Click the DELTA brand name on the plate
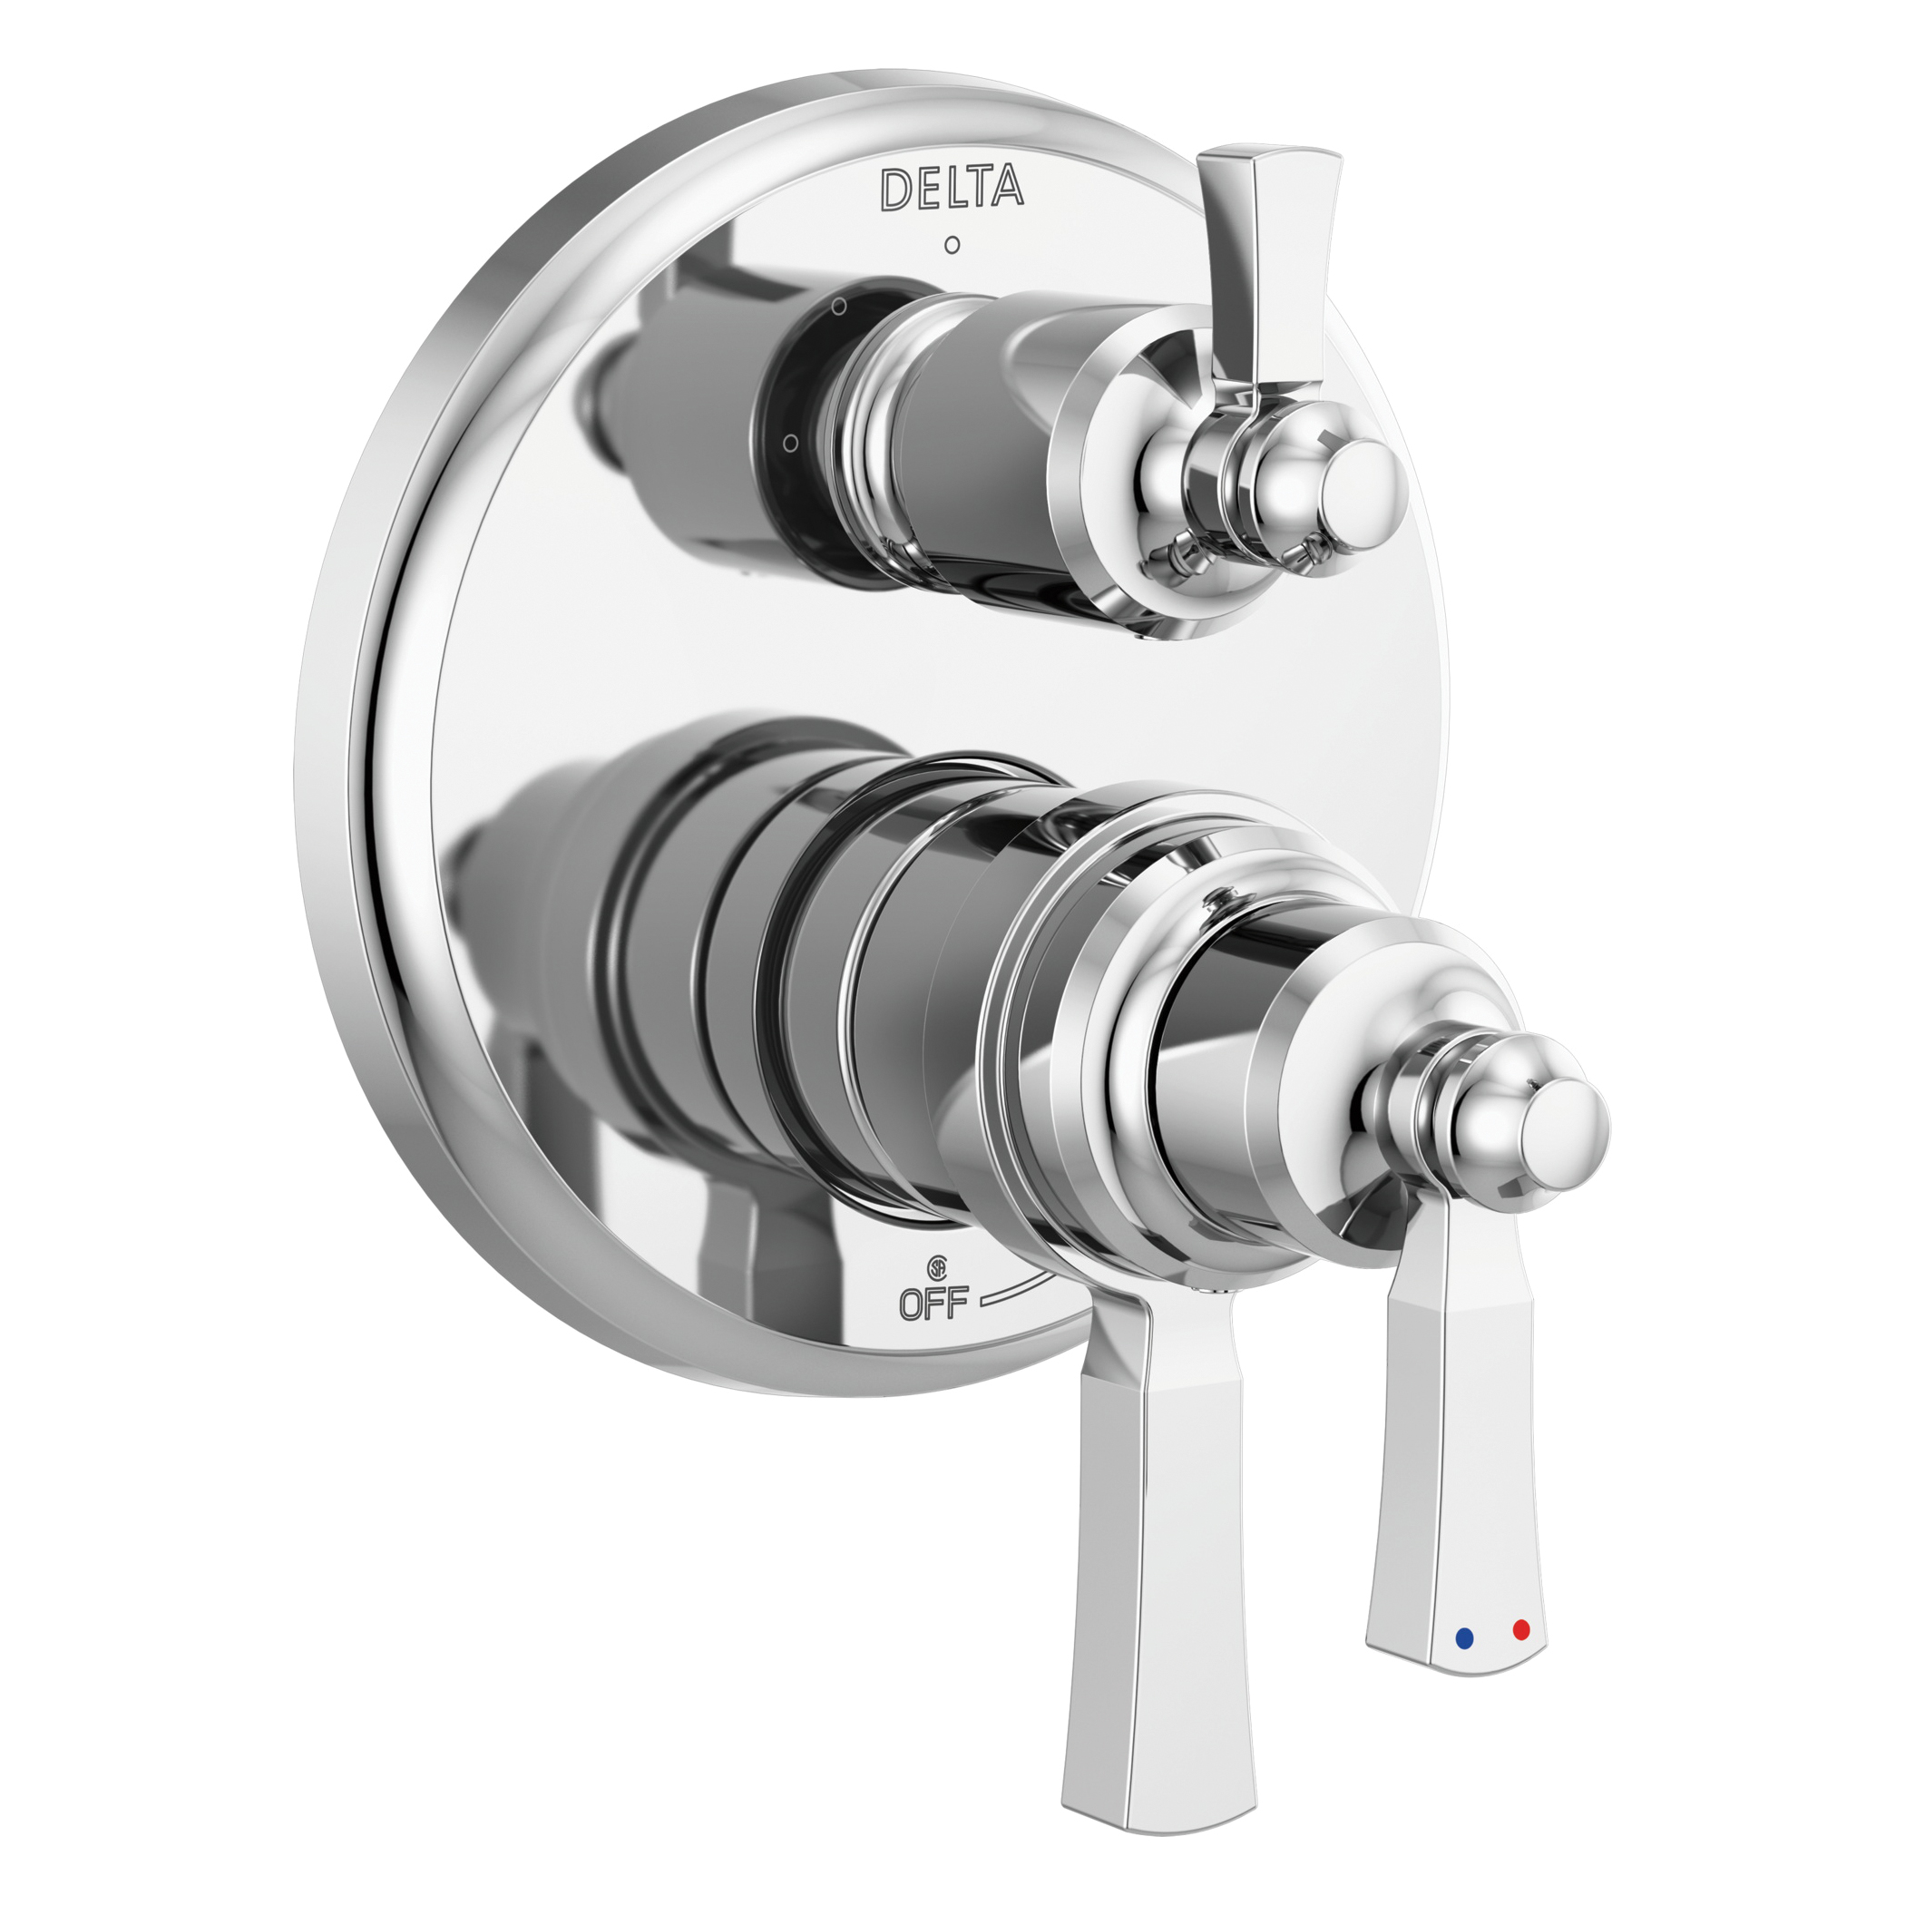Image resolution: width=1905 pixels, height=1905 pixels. coord(951,189)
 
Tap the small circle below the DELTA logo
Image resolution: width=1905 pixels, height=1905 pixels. coord(951,245)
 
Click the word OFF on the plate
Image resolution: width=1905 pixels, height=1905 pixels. coord(933,1304)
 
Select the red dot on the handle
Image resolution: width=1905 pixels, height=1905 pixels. coord(1520,1630)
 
